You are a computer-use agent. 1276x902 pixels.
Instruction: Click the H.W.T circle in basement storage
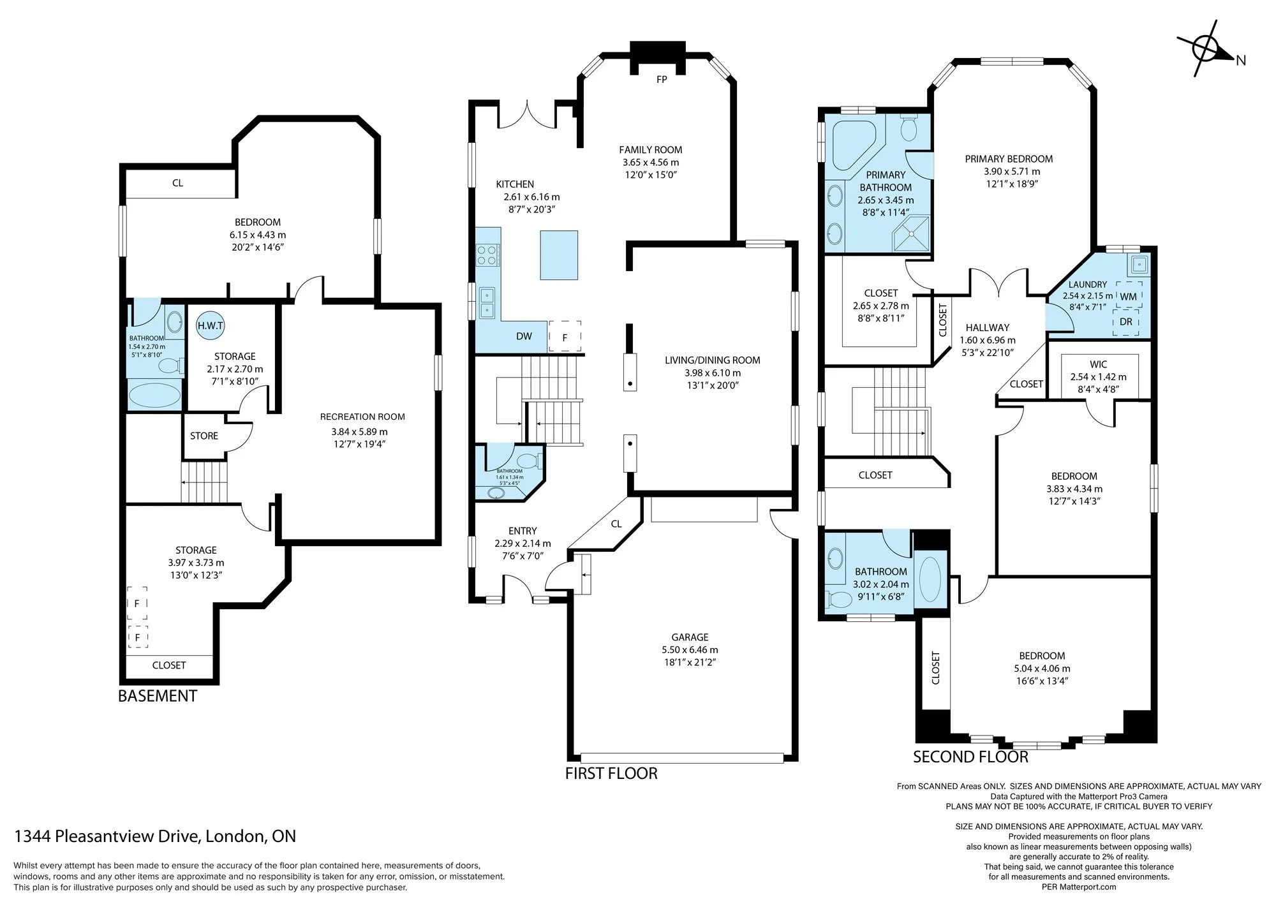click(211, 325)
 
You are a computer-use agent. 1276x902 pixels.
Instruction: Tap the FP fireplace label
click(662, 80)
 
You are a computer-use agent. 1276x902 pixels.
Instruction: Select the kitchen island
click(559, 255)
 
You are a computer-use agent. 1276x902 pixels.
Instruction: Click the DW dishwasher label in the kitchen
click(524, 336)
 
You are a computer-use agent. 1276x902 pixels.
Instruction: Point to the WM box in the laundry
click(1128, 295)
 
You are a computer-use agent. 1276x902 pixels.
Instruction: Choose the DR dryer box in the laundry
click(1126, 322)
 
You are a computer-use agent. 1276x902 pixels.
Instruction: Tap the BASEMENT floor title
click(158, 696)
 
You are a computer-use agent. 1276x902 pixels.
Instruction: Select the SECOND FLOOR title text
click(970, 757)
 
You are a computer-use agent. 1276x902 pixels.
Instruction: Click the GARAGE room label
click(690, 637)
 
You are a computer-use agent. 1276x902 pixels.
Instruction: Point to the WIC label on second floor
click(1098, 364)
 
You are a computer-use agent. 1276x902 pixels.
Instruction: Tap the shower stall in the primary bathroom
click(911, 233)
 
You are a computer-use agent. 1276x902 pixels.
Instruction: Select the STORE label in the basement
click(204, 436)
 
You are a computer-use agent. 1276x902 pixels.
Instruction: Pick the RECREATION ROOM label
click(362, 417)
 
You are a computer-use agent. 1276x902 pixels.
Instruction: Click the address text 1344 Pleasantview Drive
click(106, 836)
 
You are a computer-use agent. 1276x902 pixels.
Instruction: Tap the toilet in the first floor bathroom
click(530, 460)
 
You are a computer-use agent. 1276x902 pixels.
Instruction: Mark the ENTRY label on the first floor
click(523, 531)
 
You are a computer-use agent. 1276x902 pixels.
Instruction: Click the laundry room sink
click(1138, 263)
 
